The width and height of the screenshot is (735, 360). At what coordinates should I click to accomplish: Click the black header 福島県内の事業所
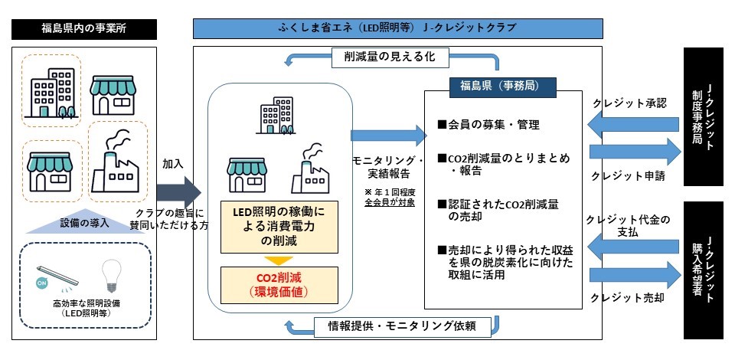(85, 29)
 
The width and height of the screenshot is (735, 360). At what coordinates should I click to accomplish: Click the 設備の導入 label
(85, 224)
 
